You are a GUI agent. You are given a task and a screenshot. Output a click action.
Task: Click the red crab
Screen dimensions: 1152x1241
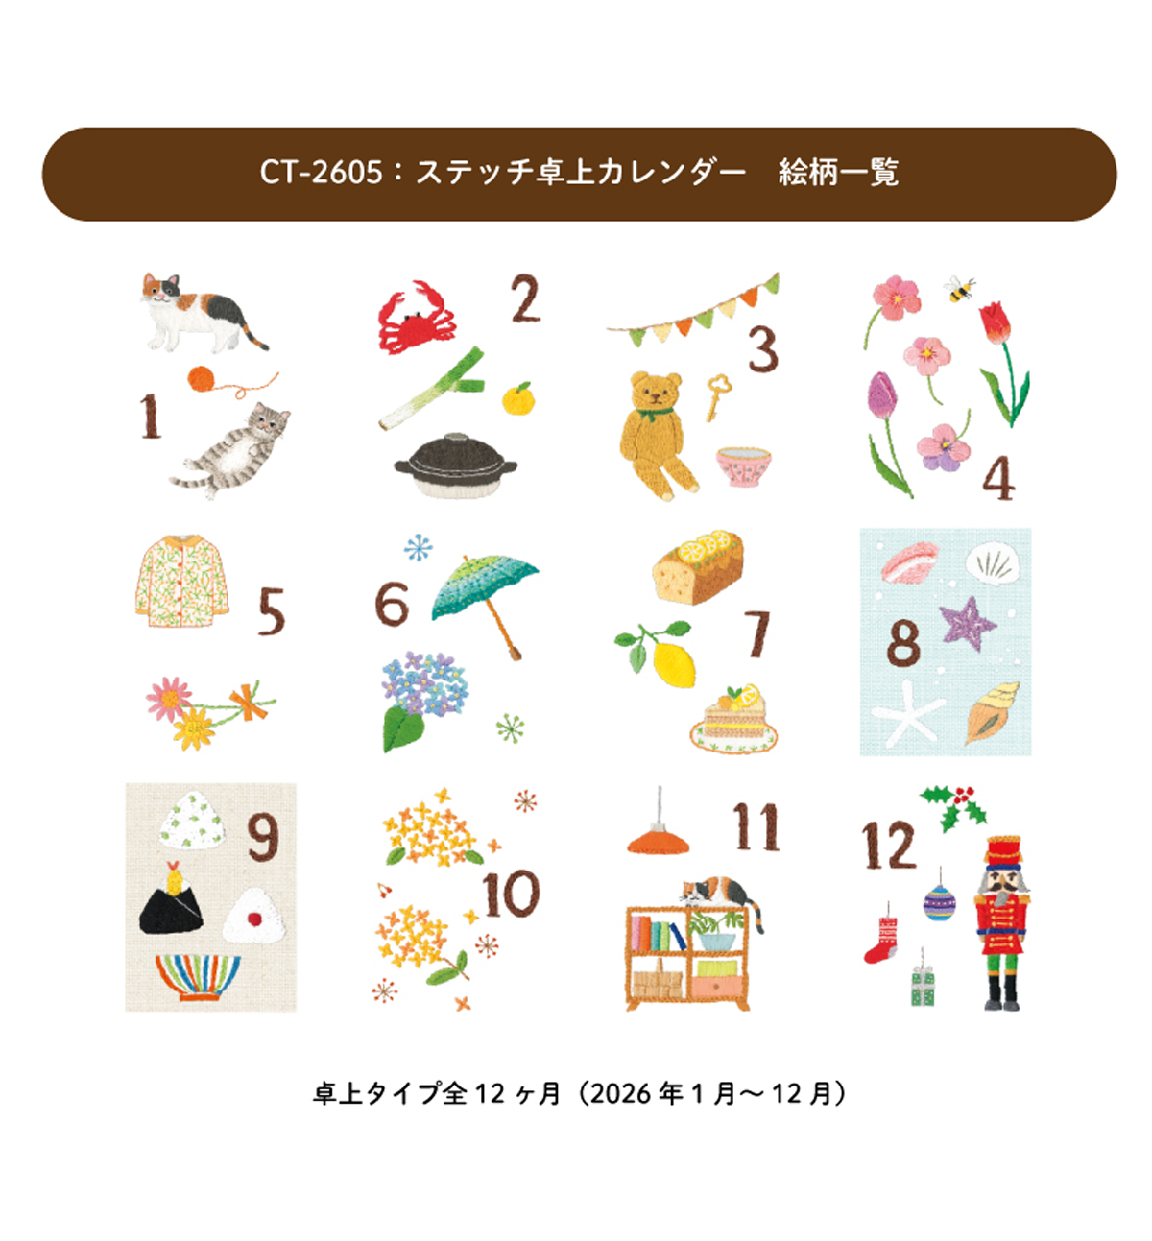pos(416,319)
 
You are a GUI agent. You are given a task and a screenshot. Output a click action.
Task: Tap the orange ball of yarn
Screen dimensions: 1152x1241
pos(202,379)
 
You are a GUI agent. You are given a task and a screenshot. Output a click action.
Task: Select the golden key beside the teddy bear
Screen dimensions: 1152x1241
pos(717,396)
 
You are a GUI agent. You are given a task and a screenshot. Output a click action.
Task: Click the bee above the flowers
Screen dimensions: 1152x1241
pos(959,289)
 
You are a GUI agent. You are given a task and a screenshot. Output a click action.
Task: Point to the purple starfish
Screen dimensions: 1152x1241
pos(967,622)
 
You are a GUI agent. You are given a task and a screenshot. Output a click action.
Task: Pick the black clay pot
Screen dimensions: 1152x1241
pos(456,465)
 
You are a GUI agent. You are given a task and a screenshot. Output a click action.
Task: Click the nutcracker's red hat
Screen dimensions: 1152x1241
pos(1002,850)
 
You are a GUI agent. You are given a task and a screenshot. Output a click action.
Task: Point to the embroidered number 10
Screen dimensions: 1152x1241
pos(511,894)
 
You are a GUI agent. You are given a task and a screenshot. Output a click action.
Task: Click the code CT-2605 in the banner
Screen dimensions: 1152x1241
pos(321,173)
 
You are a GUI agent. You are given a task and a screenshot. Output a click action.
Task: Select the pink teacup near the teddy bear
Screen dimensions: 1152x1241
pos(743,465)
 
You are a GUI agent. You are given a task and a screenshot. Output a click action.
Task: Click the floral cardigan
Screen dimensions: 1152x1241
pos(181,581)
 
